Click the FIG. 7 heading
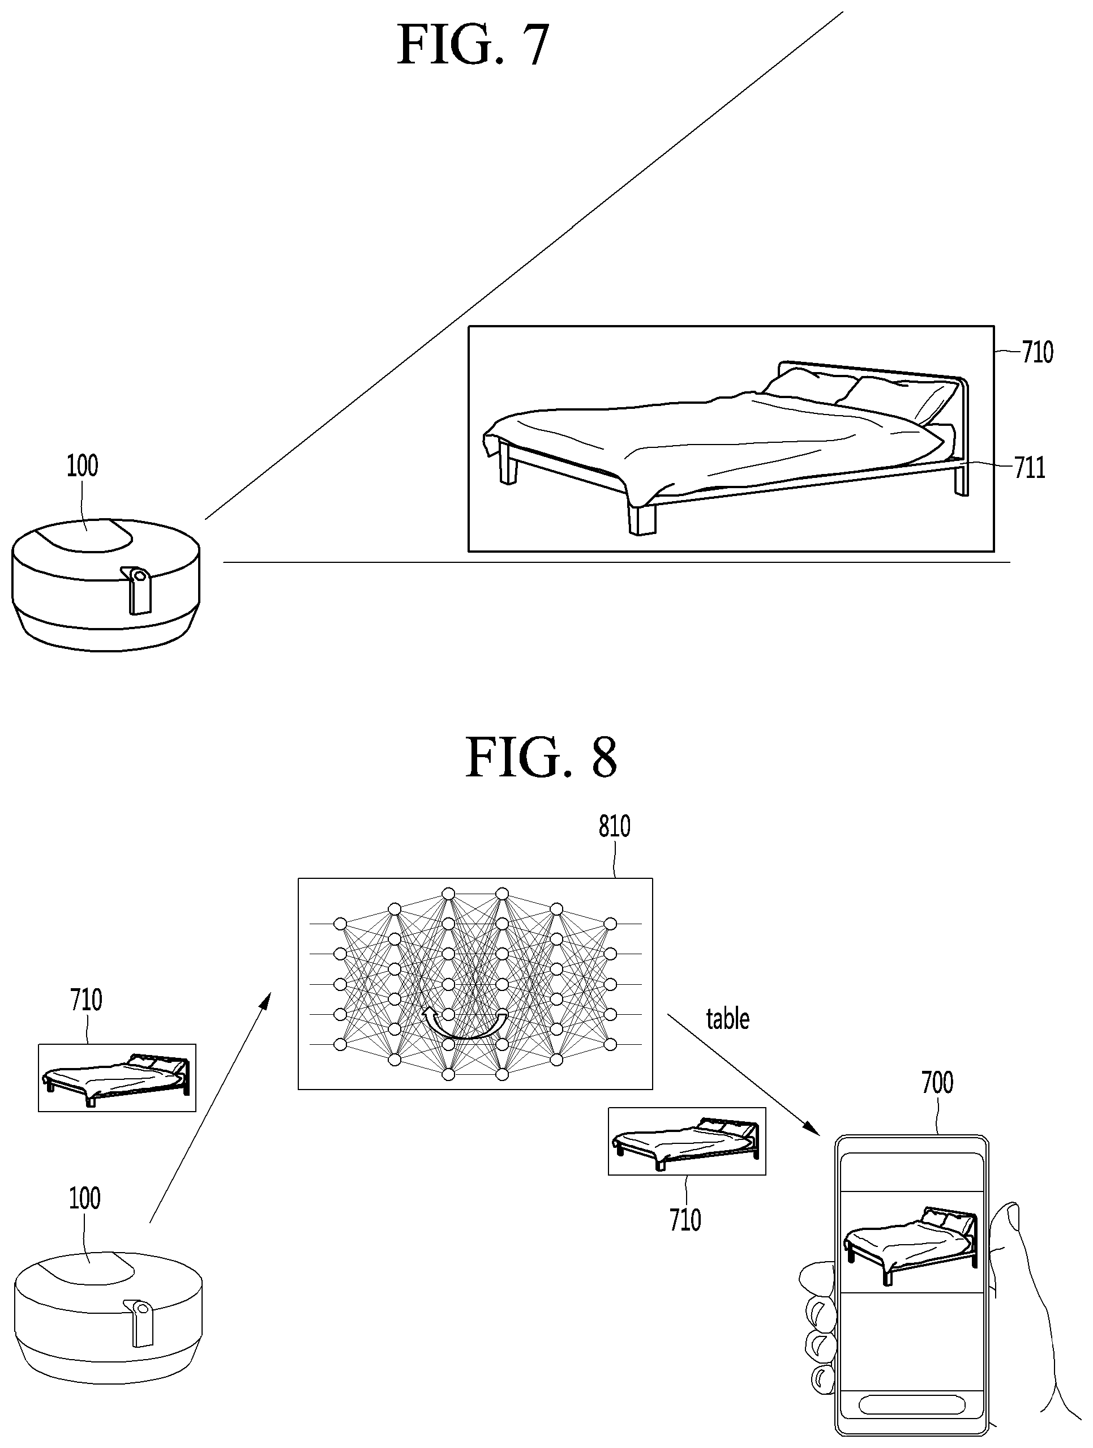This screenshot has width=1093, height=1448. tap(473, 45)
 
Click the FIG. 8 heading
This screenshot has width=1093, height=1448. tap(541, 757)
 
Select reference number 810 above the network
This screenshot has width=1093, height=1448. tap(615, 826)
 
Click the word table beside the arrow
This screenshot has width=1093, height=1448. tap(727, 1019)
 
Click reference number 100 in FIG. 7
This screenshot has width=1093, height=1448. tap(83, 465)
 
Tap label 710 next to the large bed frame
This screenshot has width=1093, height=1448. tap(1038, 352)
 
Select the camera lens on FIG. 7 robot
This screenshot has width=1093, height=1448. tap(139, 575)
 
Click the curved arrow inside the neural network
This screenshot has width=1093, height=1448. tap(465, 1025)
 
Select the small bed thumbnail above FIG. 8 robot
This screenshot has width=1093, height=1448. tap(117, 1078)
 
